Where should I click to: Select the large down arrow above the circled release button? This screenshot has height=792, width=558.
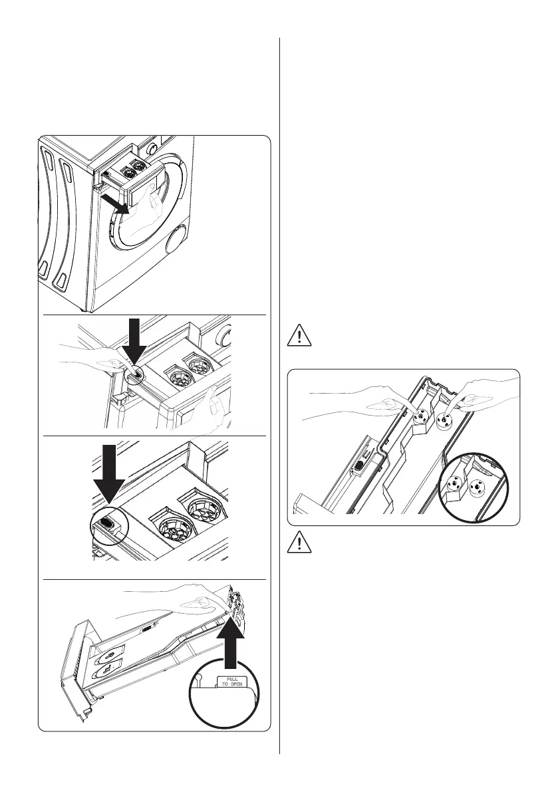coord(107,472)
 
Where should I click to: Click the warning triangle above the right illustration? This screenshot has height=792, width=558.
coord(300,336)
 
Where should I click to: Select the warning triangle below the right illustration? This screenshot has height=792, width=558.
coord(300,545)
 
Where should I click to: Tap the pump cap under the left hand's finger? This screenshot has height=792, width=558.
coord(419,418)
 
